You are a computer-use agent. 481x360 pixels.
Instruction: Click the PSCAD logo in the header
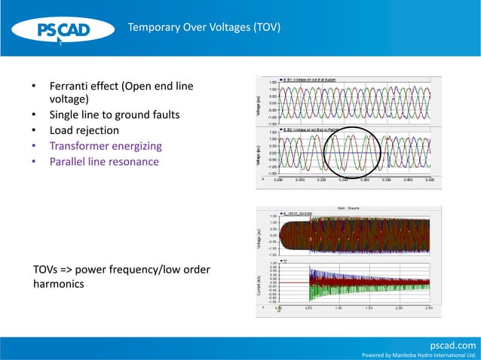64,30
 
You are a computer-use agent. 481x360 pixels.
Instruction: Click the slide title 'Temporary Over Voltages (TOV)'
204,28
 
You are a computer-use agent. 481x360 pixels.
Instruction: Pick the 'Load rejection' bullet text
84,130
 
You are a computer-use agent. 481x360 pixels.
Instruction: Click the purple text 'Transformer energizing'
105,146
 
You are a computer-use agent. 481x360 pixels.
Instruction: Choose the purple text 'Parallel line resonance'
104,162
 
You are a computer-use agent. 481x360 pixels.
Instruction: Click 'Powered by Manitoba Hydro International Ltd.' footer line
420,355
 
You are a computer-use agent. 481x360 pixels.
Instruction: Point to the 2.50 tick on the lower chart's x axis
429,307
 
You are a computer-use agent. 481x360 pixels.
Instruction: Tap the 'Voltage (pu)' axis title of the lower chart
261,234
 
